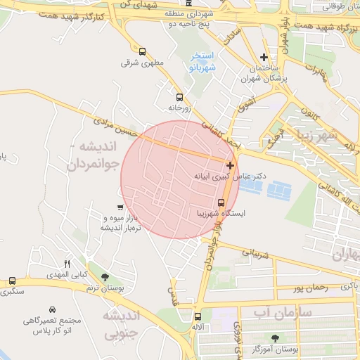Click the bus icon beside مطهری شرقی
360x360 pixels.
click(x=143, y=51)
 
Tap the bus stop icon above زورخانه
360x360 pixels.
click(x=179, y=97)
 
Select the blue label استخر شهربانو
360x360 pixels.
click(x=203, y=61)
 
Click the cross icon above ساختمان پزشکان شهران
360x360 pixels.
click(x=264, y=57)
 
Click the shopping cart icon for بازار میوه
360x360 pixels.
click(x=120, y=207)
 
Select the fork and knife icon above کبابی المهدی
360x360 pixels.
click(x=67, y=263)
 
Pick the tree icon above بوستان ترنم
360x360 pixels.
click(x=105, y=277)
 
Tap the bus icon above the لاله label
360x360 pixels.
click(x=197, y=316)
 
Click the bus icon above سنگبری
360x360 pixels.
click(x=12, y=279)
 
